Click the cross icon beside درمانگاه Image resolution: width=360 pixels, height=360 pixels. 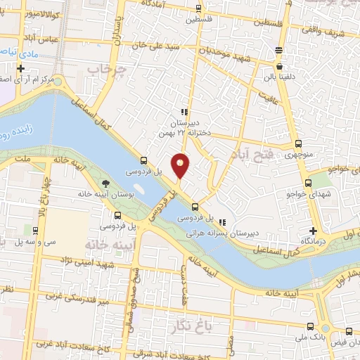pos(314,231)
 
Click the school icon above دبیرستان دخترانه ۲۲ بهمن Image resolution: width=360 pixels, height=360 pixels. pos(184,112)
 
